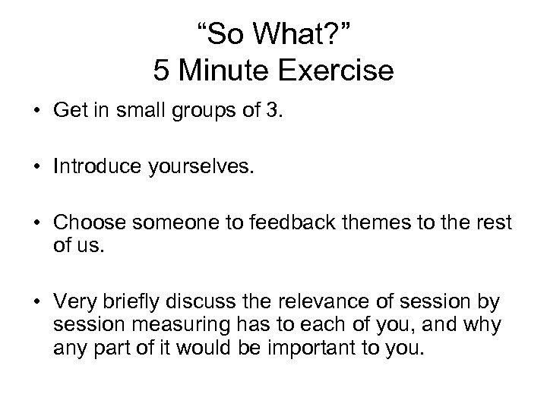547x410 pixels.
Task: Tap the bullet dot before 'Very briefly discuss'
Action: (36, 303)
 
